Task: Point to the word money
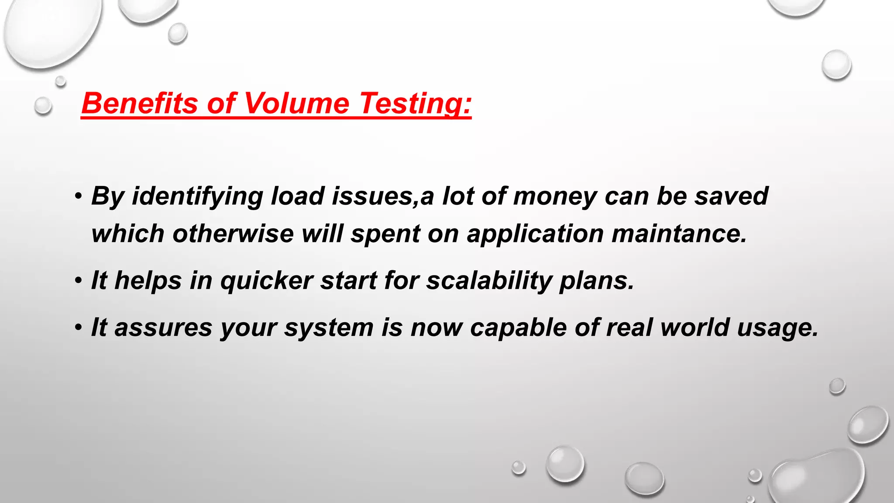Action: (x=555, y=196)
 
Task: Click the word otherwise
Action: (x=233, y=234)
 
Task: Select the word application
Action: (x=535, y=234)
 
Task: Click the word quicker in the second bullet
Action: (x=266, y=280)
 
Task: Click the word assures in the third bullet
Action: (x=163, y=327)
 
